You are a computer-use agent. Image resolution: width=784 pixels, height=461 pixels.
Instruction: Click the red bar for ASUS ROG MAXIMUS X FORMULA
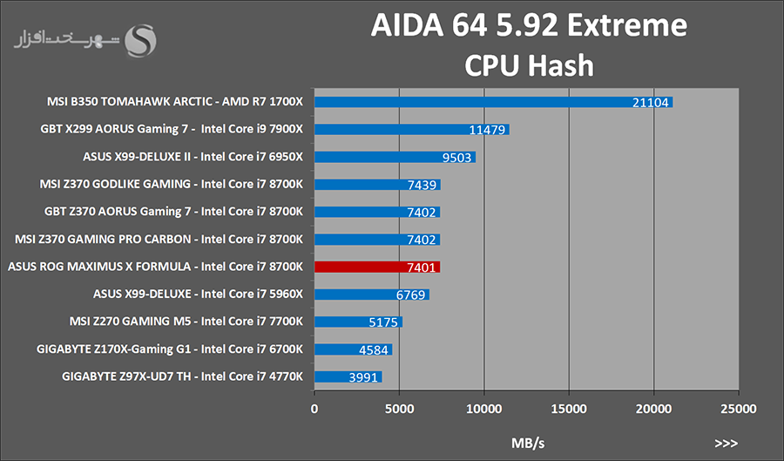pyautogui.click(x=376, y=267)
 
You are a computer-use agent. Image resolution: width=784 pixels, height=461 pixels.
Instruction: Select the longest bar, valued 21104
pyautogui.click(x=493, y=102)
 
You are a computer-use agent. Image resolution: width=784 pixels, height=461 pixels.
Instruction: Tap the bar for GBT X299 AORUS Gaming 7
pyautogui.click(x=411, y=130)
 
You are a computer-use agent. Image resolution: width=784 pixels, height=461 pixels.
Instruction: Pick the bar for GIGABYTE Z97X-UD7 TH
pyautogui.click(x=348, y=376)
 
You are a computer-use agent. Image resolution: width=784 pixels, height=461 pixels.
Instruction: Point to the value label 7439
pyautogui.click(x=422, y=185)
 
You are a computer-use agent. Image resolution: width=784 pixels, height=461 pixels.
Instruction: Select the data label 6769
pyautogui.click(x=411, y=295)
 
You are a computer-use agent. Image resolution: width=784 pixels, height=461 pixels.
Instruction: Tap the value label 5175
pyautogui.click(x=384, y=322)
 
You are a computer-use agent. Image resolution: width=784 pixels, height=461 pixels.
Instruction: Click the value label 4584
pyautogui.click(x=375, y=349)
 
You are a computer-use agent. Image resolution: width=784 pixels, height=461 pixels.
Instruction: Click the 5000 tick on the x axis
pyautogui.click(x=398, y=408)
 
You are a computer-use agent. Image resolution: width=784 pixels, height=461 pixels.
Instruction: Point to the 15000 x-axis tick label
pyautogui.click(x=568, y=408)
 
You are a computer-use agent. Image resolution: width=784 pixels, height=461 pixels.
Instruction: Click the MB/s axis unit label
pyautogui.click(x=527, y=442)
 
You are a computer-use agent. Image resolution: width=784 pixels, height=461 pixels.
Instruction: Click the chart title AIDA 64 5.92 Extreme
pyautogui.click(x=529, y=25)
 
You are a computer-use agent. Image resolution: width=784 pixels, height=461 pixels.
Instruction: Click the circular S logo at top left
pyautogui.click(x=141, y=39)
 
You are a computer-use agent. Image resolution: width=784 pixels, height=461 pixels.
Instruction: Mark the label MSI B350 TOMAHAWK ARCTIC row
pyautogui.click(x=174, y=102)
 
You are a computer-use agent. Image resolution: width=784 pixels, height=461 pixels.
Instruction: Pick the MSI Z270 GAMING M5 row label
pyautogui.click(x=186, y=322)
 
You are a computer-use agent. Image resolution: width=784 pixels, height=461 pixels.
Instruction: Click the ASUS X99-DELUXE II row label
pyautogui.click(x=192, y=157)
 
